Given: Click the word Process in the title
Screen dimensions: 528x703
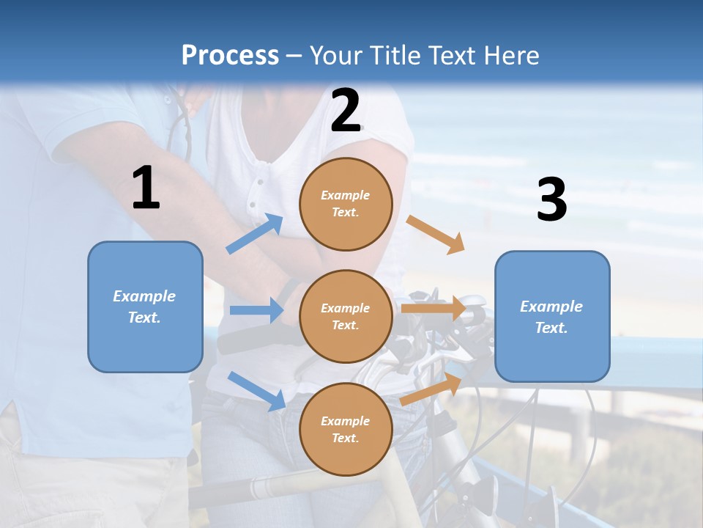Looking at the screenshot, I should pos(230,56).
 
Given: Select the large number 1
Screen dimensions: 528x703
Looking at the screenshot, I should pos(146,188).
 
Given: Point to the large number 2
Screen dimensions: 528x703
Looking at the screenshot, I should pos(346,111).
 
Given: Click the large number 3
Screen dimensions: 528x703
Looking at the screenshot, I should pos(551,201).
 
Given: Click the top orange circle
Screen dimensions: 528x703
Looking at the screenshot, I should pos(346,204).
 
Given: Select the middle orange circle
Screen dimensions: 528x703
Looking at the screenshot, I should pos(346,316).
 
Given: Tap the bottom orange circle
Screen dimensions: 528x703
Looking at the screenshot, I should pos(346,429).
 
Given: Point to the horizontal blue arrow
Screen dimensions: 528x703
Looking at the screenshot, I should pos(257,310).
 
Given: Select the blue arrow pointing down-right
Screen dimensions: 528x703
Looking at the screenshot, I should pos(257,391).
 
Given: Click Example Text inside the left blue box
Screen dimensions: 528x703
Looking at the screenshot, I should pos(144,307).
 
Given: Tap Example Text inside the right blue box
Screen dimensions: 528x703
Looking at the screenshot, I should pos(551,317).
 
